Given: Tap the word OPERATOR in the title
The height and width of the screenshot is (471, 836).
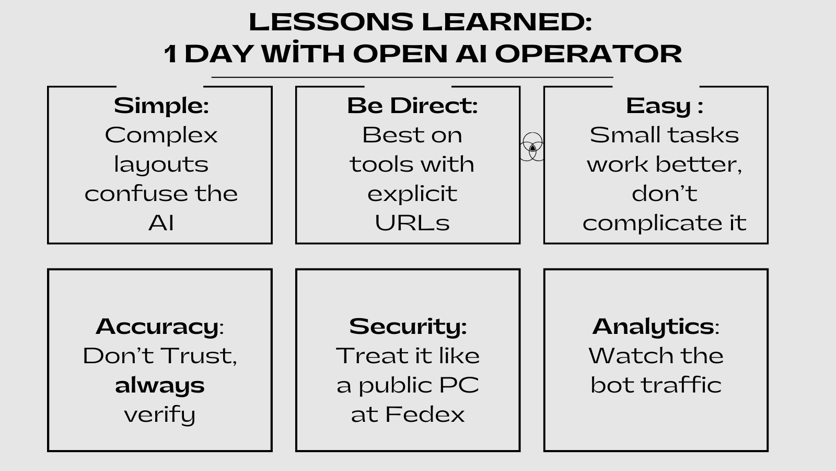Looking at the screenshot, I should click(588, 53).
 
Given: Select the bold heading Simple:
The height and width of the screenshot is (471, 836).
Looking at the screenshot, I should click(161, 105).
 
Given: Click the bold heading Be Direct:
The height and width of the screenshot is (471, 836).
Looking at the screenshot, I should click(412, 105).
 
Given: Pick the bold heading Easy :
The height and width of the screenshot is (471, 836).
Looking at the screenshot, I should click(664, 105).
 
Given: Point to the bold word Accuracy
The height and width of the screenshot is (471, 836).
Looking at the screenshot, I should click(157, 326).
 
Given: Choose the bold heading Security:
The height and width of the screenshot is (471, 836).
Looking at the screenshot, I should click(408, 326).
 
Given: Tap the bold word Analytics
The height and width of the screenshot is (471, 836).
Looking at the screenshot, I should click(653, 326).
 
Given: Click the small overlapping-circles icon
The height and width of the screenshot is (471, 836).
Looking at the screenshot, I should click(532, 147).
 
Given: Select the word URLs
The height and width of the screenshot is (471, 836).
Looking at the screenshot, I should click(412, 223).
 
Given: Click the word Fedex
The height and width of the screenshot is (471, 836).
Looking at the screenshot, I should click(425, 414).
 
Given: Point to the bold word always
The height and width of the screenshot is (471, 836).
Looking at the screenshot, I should click(160, 385).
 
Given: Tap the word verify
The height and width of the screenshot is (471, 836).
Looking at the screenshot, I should click(160, 414).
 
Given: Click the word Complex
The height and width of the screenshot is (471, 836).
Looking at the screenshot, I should click(161, 135).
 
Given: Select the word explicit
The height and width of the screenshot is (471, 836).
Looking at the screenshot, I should click(412, 194).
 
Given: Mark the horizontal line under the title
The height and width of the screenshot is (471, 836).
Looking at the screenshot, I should click(412, 77).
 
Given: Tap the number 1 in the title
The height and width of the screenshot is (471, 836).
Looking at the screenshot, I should click(170, 54).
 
